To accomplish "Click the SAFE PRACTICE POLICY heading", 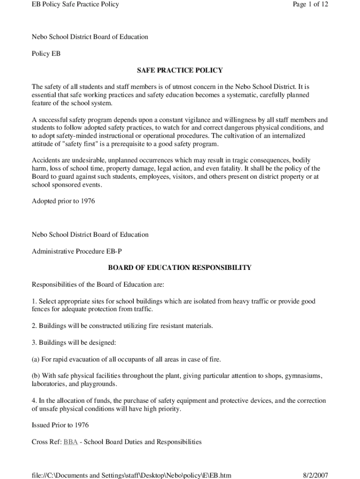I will (180, 70).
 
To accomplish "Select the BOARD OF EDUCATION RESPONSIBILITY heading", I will (180, 268).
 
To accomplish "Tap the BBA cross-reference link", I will (71, 442).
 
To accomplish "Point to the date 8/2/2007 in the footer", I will (316, 475).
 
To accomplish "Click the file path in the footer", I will (131, 475).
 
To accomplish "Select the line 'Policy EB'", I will (46, 53).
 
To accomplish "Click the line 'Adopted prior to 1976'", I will (63, 201).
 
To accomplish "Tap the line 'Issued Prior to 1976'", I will (60, 425).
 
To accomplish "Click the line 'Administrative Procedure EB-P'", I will (77, 251).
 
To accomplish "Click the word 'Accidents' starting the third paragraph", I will (46, 160).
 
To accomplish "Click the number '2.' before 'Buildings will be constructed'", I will (34, 326).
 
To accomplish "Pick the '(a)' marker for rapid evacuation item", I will (36, 359).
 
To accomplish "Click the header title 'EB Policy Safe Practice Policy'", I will (75, 4).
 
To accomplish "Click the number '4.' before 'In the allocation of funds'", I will (34, 400).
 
